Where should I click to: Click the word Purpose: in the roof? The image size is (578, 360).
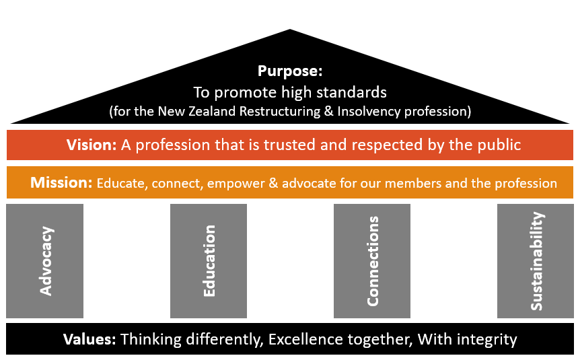(x=290, y=71)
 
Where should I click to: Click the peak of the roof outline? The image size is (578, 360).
(x=290, y=30)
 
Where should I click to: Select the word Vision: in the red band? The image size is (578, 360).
(x=92, y=145)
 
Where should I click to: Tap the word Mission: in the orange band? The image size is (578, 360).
(x=61, y=182)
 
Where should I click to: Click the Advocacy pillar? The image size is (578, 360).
(x=45, y=261)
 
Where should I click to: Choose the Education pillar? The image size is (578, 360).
(x=209, y=261)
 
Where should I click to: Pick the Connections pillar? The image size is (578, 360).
(x=372, y=261)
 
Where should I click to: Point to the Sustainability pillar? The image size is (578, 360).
(x=536, y=261)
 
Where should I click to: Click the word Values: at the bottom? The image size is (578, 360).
(x=89, y=338)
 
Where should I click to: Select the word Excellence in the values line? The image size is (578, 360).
(x=303, y=338)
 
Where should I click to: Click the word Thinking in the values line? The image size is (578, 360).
(x=148, y=339)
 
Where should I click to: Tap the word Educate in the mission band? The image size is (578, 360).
(x=122, y=183)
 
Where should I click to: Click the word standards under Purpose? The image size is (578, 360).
(x=358, y=92)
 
